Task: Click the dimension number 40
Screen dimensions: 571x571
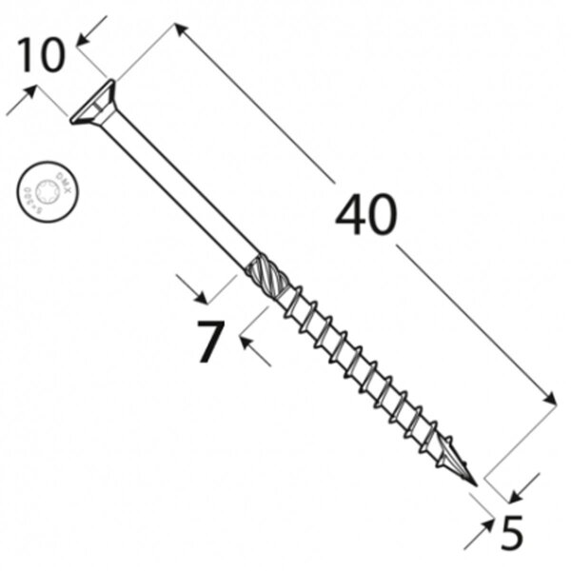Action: [365, 216]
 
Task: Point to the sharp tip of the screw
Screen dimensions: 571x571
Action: [472, 482]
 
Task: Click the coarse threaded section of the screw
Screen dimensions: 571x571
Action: [362, 370]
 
